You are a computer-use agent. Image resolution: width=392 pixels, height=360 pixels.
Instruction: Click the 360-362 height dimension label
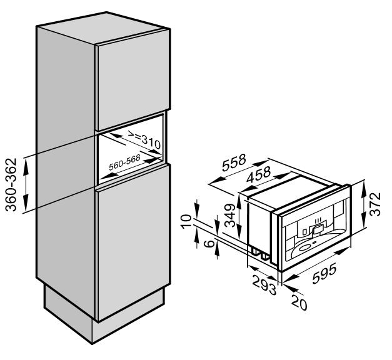11,184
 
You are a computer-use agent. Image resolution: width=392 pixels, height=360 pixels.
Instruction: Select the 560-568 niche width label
124,162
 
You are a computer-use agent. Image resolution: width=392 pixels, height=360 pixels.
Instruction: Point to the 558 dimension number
234,162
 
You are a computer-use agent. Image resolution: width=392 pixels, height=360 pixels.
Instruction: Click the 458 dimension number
258,174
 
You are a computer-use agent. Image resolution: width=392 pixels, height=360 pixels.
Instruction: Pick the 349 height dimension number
230,215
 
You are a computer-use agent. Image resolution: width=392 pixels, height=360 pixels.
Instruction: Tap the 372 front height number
374,204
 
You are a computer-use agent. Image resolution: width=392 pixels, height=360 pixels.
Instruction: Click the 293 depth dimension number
264,284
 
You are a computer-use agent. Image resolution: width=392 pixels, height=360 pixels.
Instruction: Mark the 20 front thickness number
299,303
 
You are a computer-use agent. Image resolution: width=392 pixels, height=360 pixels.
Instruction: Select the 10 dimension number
186,221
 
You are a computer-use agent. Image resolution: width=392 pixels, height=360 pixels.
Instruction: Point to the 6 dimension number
210,243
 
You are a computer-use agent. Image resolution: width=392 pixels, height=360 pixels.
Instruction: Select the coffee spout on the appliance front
318,227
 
